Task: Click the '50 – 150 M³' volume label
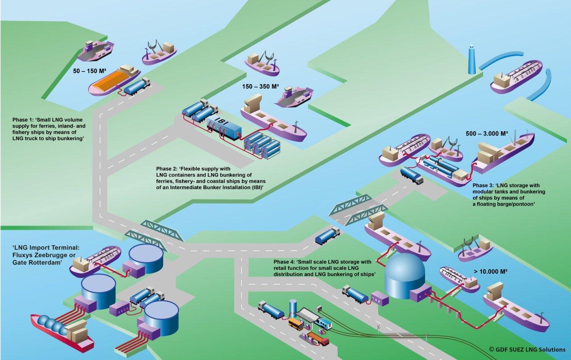pyautogui.click(x=90, y=70)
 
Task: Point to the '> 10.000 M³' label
pyautogui.click(x=490, y=271)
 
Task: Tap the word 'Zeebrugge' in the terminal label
pyautogui.click(x=57, y=255)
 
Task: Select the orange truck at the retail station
pyautogui.click(x=318, y=339)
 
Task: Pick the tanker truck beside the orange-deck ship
pyautogui.click(x=137, y=87)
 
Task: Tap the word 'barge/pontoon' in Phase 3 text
pyautogui.click(x=516, y=204)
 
